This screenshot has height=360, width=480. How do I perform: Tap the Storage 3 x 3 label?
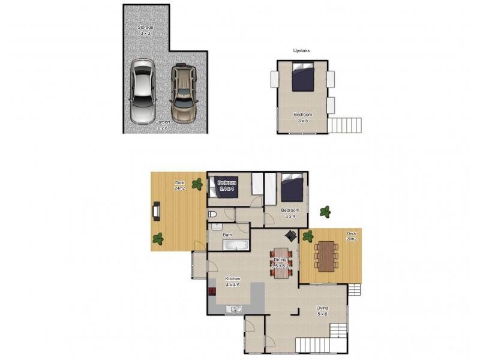(146, 31)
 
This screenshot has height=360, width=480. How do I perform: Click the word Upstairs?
(302, 52)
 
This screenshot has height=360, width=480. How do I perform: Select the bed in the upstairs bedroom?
(303, 79)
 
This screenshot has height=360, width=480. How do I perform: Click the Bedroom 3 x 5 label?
(302, 117)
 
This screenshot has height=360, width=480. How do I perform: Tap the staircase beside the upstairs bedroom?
(346, 125)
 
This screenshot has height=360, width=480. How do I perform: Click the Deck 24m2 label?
(179, 185)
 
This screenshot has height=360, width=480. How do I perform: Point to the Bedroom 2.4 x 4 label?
(227, 185)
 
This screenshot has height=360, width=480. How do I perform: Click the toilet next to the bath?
(212, 215)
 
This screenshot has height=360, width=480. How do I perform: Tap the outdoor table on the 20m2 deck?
(325, 256)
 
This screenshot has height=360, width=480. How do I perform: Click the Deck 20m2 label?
(352, 235)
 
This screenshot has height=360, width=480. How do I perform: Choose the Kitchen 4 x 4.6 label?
(232, 281)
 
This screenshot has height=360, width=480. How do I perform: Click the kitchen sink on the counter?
(234, 309)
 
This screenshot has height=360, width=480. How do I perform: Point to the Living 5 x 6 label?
(322, 311)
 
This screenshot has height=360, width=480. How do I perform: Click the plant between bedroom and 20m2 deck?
(325, 211)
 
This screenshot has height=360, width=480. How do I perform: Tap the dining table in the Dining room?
(282, 263)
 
